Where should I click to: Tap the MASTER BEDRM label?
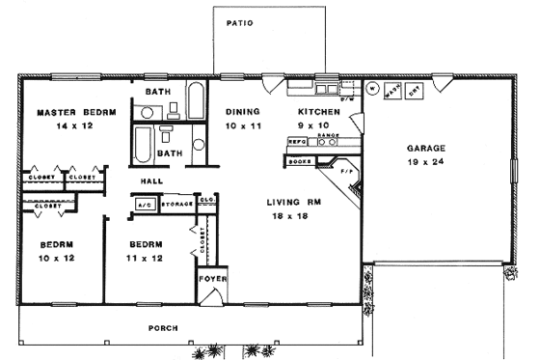76,112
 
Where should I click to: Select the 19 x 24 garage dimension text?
425,163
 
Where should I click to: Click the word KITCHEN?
318,112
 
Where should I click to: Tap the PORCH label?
162,328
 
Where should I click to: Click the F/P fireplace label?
348,172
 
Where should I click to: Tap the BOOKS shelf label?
300,161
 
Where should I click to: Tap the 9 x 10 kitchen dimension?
318,125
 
